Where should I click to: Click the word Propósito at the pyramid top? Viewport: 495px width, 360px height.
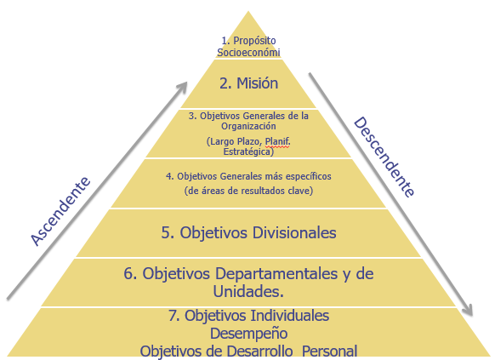coord(254,41)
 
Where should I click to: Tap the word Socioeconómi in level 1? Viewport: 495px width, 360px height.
coord(248,52)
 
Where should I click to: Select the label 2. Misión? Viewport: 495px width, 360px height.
coord(248,83)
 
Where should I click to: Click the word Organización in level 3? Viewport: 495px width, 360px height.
coord(248,126)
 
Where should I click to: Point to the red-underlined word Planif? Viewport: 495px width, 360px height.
coord(277,141)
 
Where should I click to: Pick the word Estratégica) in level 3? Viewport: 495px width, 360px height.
coord(248,151)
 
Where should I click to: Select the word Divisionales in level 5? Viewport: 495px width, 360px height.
coord(294,232)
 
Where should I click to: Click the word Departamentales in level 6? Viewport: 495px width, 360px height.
coord(276,273)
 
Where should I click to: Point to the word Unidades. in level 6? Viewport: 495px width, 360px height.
coord(248,291)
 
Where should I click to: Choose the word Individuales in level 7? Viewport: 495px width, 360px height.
coord(289,316)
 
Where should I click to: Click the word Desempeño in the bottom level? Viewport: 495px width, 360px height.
coord(248,334)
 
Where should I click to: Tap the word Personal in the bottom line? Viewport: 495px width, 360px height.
coord(330,351)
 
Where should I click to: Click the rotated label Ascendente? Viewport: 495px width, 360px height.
coord(60,211)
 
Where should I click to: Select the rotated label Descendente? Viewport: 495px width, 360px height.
coord(384,157)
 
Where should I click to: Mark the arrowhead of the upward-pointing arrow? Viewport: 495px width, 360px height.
coord(183,86)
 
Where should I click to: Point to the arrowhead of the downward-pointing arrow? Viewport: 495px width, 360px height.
coord(469,310)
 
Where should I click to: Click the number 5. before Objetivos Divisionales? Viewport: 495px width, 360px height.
coord(168,232)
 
